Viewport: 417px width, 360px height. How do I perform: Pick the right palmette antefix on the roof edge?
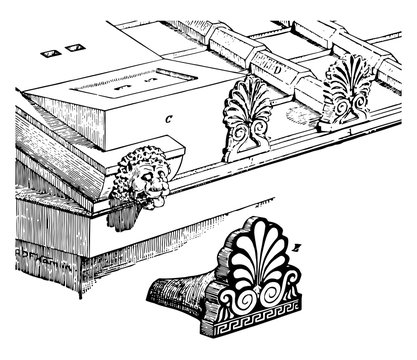(x=347, y=88)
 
